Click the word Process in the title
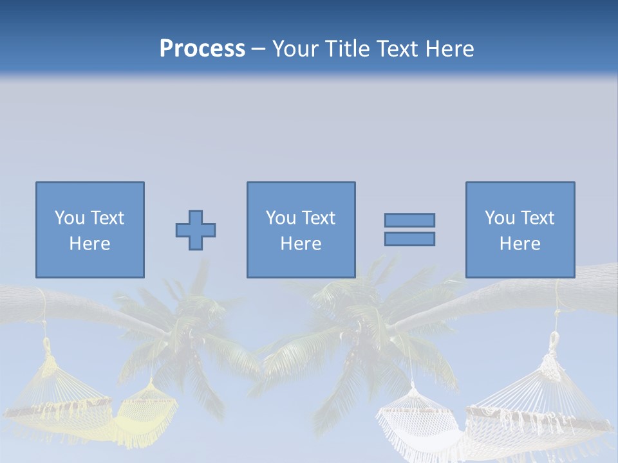[x=202, y=49]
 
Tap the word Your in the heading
[x=297, y=49]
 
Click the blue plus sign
[x=196, y=230]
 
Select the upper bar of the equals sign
[x=409, y=220]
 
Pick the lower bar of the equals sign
[x=409, y=239]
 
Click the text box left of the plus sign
[x=90, y=230]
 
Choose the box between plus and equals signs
[x=301, y=230]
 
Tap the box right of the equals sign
[x=520, y=230]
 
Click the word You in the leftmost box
[x=69, y=218]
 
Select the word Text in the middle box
[x=318, y=218]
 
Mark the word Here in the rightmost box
[x=520, y=244]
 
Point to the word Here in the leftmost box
[x=90, y=244]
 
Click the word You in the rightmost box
[x=499, y=218]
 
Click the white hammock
[x=502, y=412]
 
